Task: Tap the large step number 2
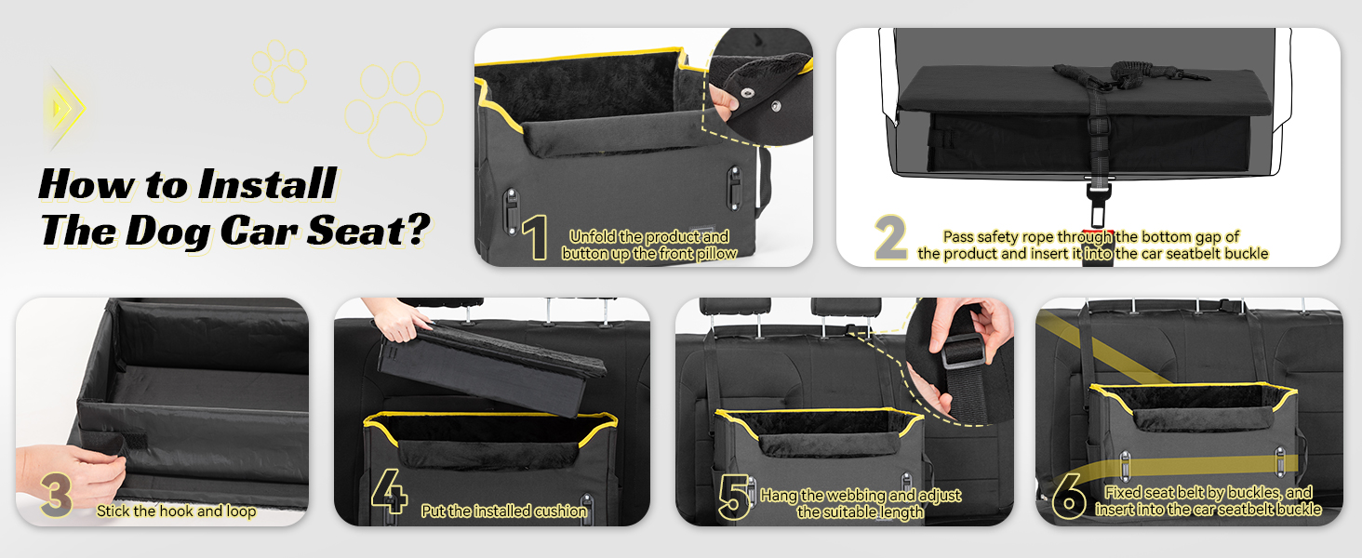pos(890,239)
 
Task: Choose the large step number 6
pos(1070,498)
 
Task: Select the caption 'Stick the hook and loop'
pos(176,511)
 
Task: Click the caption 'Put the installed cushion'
pos(504,511)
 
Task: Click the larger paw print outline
pos(394,107)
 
